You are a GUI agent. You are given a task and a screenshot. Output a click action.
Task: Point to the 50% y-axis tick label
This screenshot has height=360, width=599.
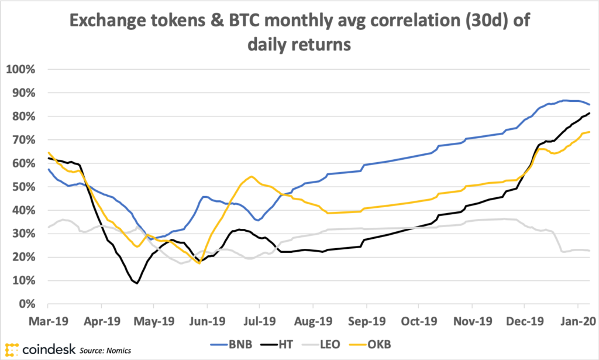[x=25, y=187]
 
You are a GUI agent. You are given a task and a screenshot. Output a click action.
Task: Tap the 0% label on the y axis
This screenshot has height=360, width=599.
[x=29, y=304]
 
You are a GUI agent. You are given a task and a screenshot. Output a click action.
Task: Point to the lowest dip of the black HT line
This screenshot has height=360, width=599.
[x=137, y=283]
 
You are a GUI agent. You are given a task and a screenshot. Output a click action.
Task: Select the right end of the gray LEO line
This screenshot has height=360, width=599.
[x=589, y=251]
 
